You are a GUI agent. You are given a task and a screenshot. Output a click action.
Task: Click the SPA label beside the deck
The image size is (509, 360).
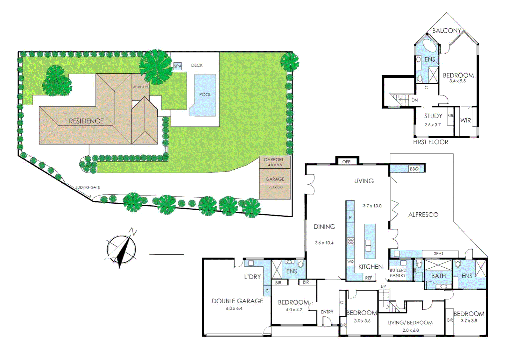pos(178,66)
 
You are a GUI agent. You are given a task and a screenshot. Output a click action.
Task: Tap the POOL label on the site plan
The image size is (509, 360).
pos(205,94)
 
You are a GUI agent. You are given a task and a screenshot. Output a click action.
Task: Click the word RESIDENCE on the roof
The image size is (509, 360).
pos(86,121)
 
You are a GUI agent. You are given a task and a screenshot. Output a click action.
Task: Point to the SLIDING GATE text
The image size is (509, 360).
pos(88,187)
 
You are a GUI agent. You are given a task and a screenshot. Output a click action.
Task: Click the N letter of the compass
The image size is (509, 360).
pos(133,231)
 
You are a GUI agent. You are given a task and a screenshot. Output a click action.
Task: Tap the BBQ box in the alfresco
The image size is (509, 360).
pos(414,169)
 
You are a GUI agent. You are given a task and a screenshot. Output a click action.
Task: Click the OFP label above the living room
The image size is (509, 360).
pos(346,162)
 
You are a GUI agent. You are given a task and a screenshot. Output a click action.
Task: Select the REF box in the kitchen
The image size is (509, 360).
pos(368,278)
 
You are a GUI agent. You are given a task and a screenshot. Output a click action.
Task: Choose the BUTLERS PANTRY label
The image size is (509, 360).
pos(398,273)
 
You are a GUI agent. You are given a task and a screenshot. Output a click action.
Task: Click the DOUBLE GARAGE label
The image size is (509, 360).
pos(238,301)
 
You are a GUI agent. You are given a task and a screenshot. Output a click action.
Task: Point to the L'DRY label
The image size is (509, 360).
pos(253,277)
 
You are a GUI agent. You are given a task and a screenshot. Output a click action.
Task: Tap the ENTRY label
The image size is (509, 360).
pos(327,312)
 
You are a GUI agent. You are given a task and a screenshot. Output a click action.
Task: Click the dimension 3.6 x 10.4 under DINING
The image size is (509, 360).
pos(324,243)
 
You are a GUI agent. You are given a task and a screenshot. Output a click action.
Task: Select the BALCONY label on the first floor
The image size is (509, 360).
pos(446,31)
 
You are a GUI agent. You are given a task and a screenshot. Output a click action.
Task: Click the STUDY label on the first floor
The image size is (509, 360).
pos(433,116)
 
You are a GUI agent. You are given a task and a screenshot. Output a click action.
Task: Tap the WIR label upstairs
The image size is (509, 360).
pos(465,120)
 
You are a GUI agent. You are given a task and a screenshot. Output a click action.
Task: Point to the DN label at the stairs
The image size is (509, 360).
pos(414,100)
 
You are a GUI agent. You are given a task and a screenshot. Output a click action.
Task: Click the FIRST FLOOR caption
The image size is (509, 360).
pos(430,142)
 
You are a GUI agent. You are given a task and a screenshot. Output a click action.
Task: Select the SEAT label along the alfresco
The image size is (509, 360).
pos(438,254)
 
